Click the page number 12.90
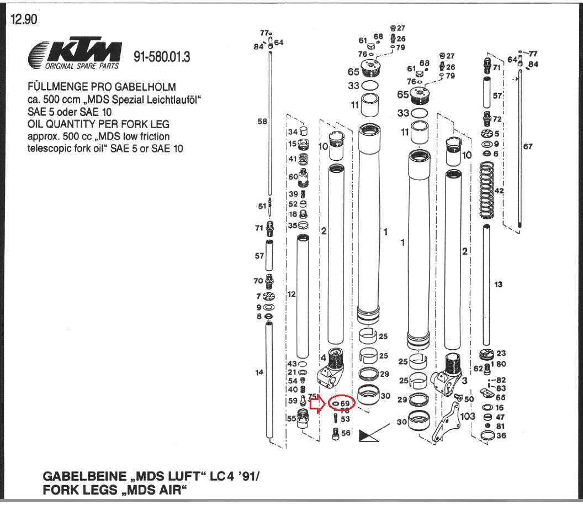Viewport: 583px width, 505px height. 24,20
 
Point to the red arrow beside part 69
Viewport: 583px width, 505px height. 317,404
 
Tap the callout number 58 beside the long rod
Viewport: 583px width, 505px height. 262,121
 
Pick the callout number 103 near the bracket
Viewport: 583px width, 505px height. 468,415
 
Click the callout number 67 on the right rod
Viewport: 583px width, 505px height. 528,146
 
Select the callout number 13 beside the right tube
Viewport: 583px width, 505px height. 499,284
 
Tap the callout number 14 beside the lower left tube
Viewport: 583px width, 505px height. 259,372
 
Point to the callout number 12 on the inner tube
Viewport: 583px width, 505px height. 293,295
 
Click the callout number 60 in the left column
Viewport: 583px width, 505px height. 293,176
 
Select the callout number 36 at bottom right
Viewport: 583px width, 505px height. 501,435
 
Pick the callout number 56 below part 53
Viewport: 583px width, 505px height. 346,433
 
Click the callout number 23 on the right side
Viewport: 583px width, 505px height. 501,353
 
